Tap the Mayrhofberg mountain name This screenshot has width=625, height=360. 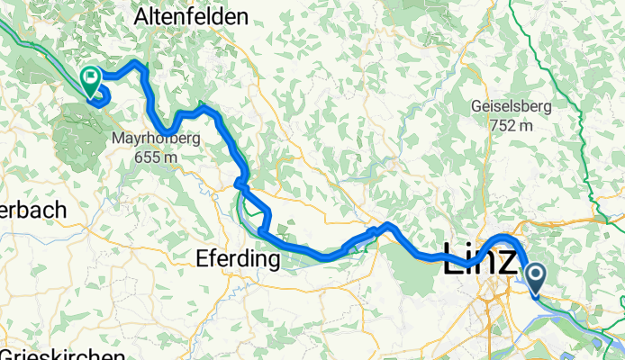pyautogui.click(x=156, y=139)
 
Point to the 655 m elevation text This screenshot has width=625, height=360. pyautogui.click(x=156, y=157)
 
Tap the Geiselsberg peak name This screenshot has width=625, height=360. pyautogui.click(x=512, y=106)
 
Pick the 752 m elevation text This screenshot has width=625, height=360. pyautogui.click(x=512, y=125)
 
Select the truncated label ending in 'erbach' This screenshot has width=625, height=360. pyautogui.click(x=32, y=210)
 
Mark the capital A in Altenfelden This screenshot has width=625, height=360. pyautogui.click(x=140, y=16)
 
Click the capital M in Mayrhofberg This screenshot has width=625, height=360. pyautogui.click(x=119, y=139)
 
